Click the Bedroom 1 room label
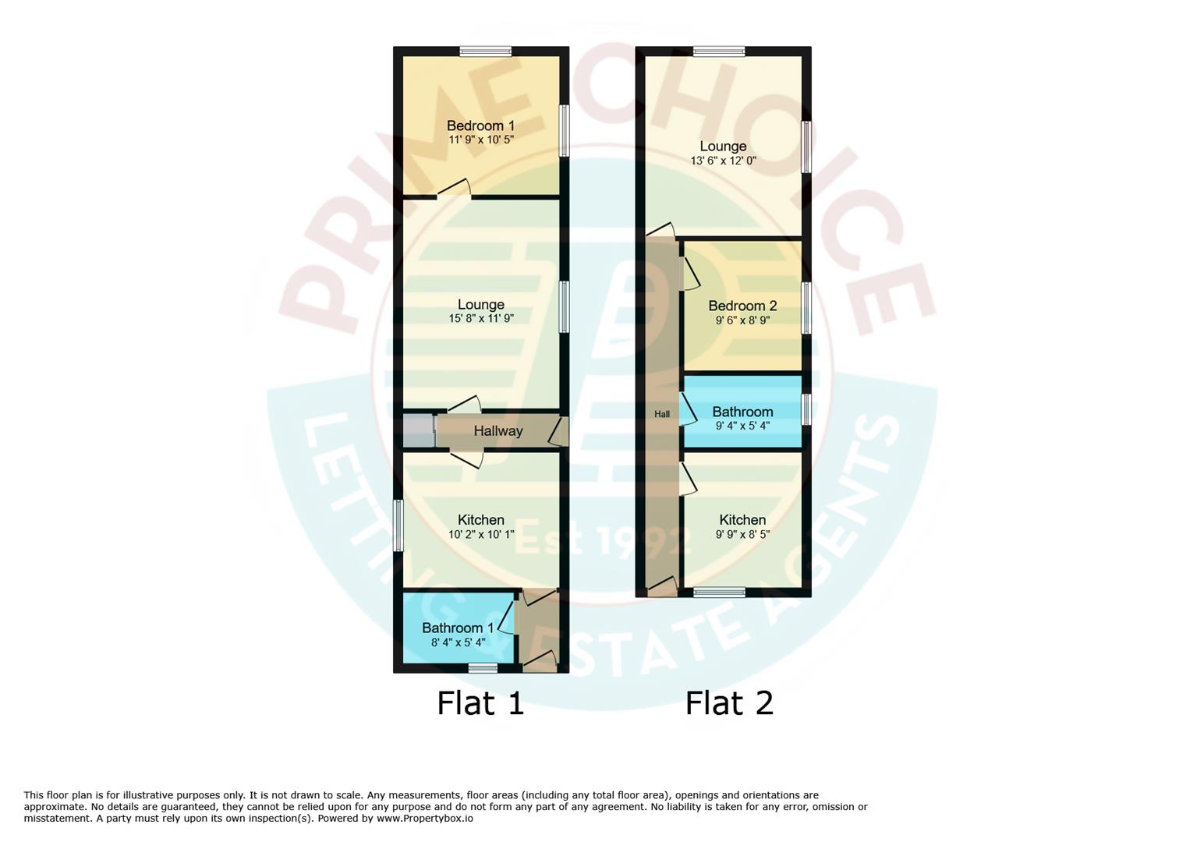point(480,126)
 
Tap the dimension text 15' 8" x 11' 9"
point(480,318)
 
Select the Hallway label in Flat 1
point(498,430)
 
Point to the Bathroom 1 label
point(458,628)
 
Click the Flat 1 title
point(480,702)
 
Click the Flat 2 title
point(729,702)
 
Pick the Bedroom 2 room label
point(742,306)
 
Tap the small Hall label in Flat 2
point(661,414)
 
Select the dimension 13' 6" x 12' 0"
point(723,161)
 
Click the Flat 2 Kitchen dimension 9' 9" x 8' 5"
point(742,534)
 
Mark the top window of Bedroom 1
point(485,51)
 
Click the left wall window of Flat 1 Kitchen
point(398,525)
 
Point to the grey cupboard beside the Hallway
point(418,430)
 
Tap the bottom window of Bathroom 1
point(483,667)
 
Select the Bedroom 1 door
point(454,189)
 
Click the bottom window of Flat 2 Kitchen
point(719,593)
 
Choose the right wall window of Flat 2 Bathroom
point(806,409)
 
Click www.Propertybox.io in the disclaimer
point(424,819)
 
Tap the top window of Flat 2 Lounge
point(719,51)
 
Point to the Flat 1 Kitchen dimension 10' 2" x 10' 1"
point(480,534)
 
